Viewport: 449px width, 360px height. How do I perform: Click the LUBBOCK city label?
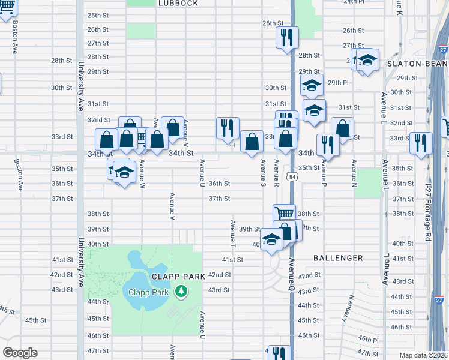(178, 3)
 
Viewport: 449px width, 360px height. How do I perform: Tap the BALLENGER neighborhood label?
(338, 258)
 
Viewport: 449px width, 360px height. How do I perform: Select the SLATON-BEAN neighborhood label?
(417, 64)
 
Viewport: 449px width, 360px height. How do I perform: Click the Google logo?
(20, 353)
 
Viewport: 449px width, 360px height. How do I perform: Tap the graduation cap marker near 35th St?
(124, 172)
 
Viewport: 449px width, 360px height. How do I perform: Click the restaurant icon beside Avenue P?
(328, 143)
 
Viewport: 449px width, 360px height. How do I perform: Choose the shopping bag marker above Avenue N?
(342, 127)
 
